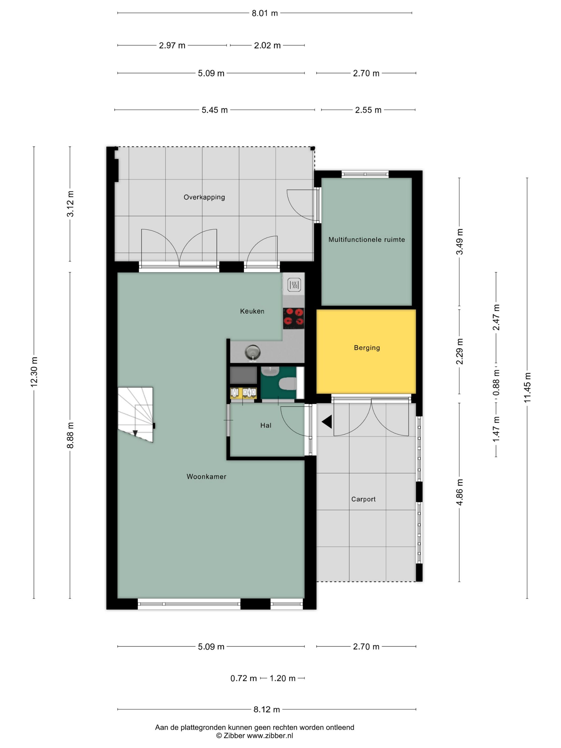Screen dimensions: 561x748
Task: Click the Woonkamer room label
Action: pyautogui.click(x=206, y=477)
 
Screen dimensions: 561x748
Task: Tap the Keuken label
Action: pyautogui.click(x=252, y=311)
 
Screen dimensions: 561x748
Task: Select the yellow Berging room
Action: pyautogui.click(x=366, y=352)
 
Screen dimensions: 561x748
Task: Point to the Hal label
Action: pyautogui.click(x=266, y=425)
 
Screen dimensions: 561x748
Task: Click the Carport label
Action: pyautogui.click(x=363, y=499)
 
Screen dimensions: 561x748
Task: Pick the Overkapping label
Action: pyautogui.click(x=204, y=197)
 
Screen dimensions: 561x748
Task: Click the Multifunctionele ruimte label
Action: pyautogui.click(x=367, y=239)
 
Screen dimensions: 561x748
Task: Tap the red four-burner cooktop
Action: pyautogui.click(x=293, y=318)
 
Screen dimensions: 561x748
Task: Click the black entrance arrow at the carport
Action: pyautogui.click(x=327, y=422)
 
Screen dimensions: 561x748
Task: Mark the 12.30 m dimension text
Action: pyautogui.click(x=34, y=372)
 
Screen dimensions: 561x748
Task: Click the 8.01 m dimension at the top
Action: pyautogui.click(x=264, y=13)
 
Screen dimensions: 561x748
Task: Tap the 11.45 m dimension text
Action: pyautogui.click(x=527, y=388)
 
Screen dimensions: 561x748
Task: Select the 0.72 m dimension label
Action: pyautogui.click(x=243, y=678)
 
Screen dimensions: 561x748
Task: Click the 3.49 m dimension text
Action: pyautogui.click(x=459, y=242)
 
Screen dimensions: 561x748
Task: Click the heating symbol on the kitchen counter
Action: pyautogui.click(x=294, y=285)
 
